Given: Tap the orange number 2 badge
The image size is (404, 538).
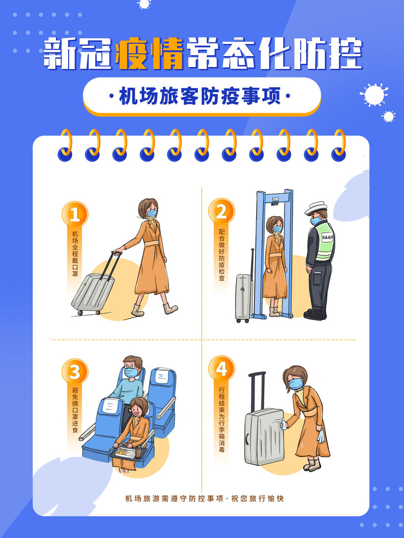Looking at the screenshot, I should coord(221,212).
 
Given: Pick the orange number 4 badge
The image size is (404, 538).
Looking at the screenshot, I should coord(221,367).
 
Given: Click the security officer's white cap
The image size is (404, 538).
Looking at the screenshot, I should coord(316,208).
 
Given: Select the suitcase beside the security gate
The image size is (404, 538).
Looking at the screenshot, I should coord(245,297).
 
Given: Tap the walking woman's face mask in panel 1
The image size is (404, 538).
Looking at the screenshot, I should coord(151,214).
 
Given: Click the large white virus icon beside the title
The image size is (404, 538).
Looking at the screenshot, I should coord(373,94).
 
